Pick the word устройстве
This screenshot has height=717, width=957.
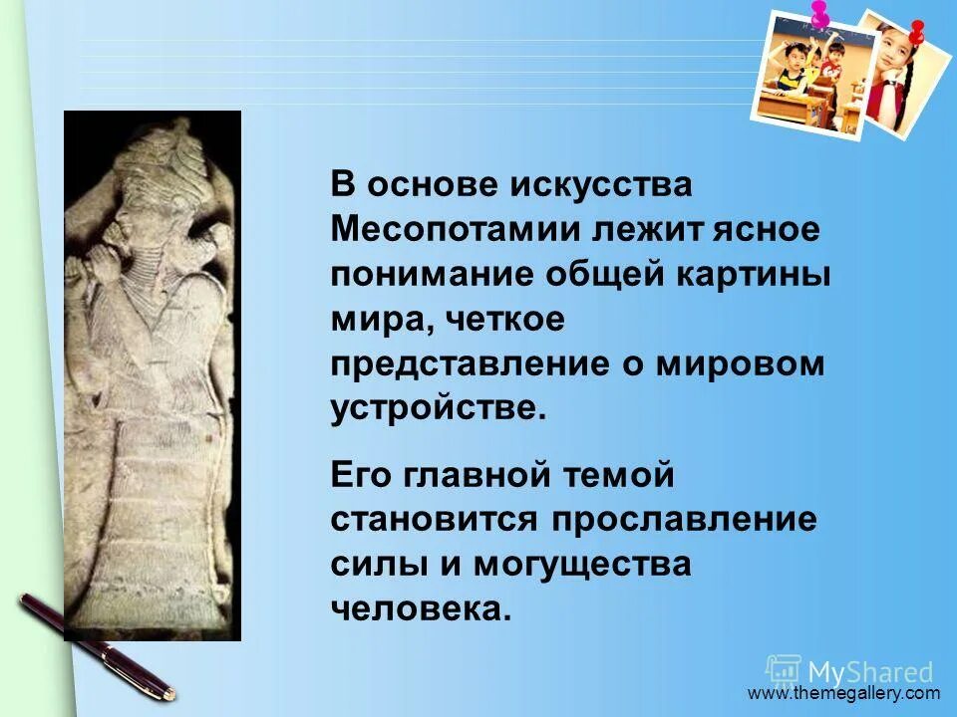pos(439,409)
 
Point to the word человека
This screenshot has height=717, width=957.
pos(421,608)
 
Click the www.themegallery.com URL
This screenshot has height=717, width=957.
pos(843,693)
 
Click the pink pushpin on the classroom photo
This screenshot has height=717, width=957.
pos(820,13)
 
